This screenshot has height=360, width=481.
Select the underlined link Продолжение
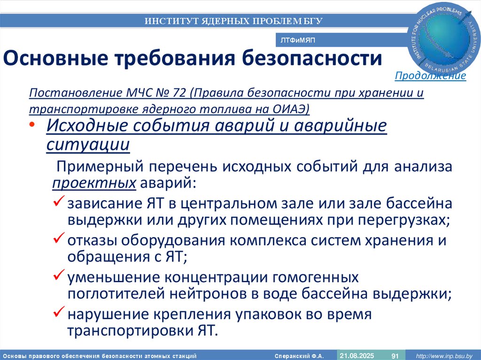[430, 76]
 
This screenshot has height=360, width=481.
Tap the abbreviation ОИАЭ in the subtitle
[289, 109]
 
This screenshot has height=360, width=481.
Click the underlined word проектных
[94, 183]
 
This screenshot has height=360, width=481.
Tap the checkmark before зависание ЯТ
[59, 203]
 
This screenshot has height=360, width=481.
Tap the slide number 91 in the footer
[395, 355]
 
